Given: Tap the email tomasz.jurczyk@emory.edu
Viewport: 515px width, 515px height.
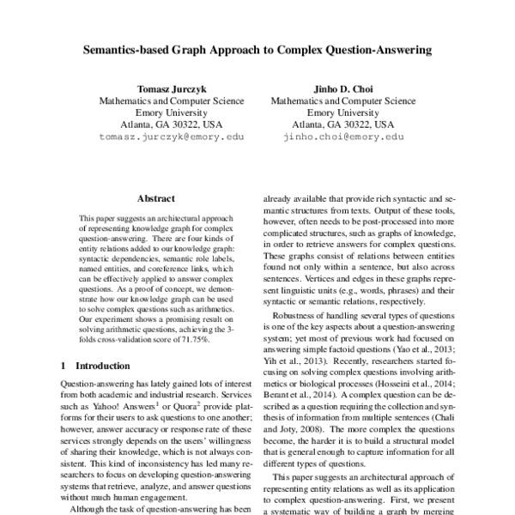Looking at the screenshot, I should point(171,136).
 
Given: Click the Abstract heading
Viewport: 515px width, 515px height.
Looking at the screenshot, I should point(155,198).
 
